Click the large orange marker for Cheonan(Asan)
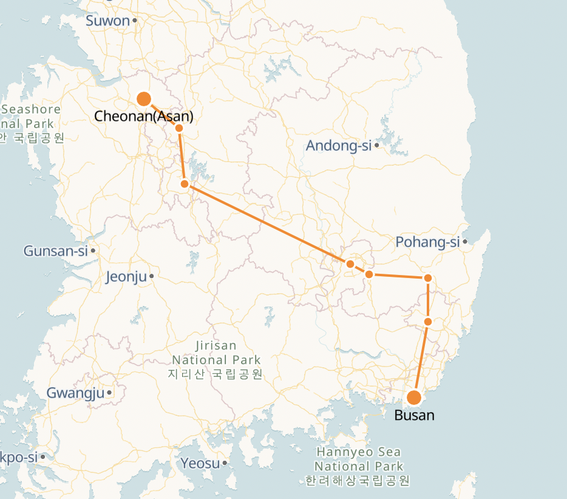point(144,98)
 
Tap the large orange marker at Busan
point(414,398)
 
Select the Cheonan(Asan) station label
point(144,117)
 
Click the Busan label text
point(415,416)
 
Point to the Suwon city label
point(108,21)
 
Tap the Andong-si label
point(338,146)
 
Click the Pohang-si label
point(427,242)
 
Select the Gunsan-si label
point(56,251)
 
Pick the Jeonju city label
point(126,277)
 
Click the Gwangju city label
point(76,393)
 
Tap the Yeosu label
point(200,464)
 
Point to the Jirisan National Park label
point(216,359)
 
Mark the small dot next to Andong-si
point(377,146)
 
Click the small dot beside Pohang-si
point(465,242)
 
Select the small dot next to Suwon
point(135,21)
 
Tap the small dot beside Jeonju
point(151,277)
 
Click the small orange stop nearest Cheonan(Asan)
point(179,127)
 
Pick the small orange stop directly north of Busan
point(428,322)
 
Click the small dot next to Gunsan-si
point(93,250)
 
